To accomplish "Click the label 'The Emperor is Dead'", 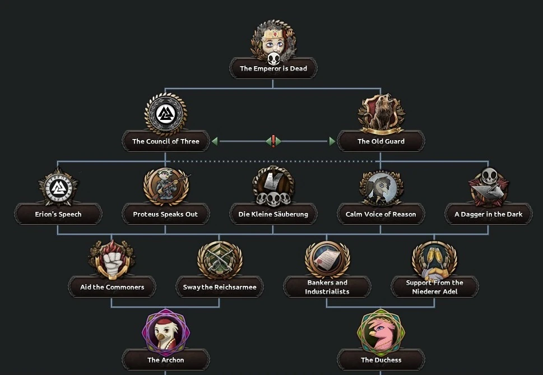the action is click(x=273, y=69).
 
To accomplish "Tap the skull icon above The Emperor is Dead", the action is click(x=273, y=59).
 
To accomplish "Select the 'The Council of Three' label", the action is click(x=165, y=141).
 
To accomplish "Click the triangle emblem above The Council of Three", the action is click(x=165, y=114).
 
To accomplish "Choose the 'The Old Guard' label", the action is click(x=380, y=141).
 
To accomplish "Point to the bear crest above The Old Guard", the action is click(x=381, y=114).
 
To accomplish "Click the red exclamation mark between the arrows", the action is click(x=273, y=141).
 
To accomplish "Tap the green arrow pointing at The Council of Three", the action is click(x=215, y=141).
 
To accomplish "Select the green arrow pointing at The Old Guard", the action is click(x=332, y=141).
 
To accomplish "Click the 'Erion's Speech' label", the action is click(x=58, y=214).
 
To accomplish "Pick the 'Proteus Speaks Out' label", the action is click(x=165, y=214).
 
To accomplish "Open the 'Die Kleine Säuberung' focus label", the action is click(x=273, y=214).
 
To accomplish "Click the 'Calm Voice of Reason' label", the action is click(x=380, y=214).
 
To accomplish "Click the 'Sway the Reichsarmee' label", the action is click(x=219, y=287).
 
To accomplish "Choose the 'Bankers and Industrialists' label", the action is click(x=327, y=287).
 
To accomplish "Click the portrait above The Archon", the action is click(x=165, y=332).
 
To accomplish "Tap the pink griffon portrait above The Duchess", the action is click(x=380, y=332).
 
